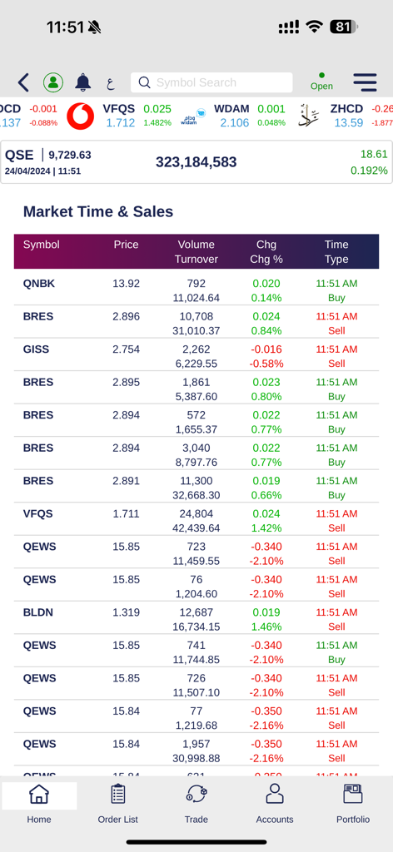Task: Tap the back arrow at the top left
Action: point(23,82)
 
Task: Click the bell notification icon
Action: point(83,82)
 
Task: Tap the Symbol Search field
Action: point(211,82)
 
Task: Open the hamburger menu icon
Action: point(365,82)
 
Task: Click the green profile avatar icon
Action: point(53,82)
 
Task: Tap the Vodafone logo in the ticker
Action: point(81,116)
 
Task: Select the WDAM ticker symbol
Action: point(231,109)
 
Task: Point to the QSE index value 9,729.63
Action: point(70,155)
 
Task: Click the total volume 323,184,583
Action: point(196,162)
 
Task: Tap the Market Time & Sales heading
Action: point(98,211)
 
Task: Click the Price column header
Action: point(126,245)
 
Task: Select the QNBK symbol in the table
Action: point(38,284)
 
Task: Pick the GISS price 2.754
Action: point(126,349)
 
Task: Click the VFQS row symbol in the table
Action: point(37,514)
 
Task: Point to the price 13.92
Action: point(126,284)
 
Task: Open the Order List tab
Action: point(117,803)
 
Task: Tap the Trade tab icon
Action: point(196,795)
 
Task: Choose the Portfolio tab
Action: point(353,803)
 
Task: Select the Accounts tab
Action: point(275,803)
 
